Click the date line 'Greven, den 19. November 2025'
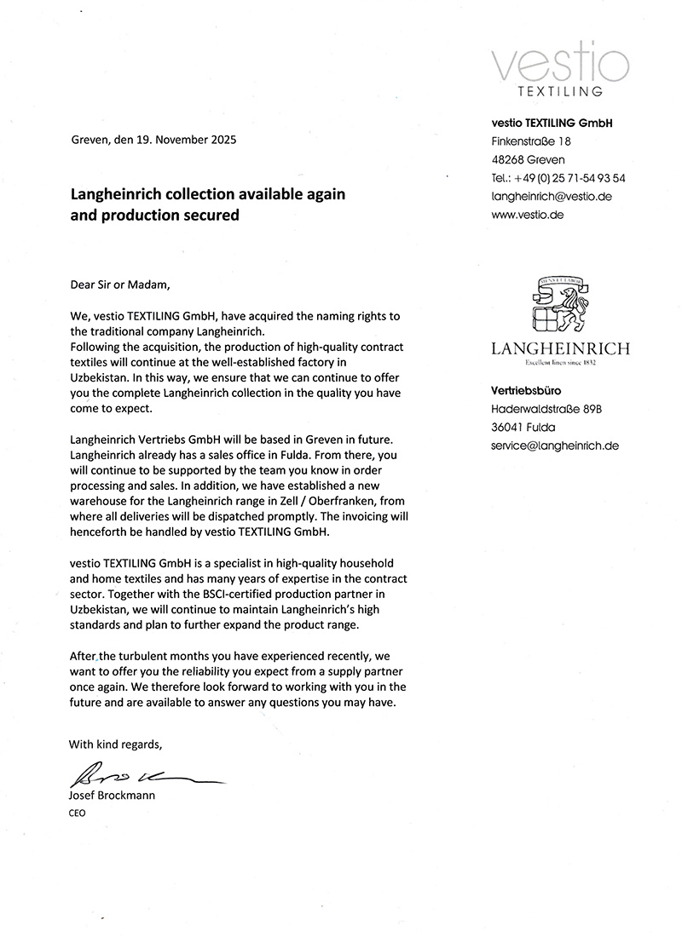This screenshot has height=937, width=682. [153, 139]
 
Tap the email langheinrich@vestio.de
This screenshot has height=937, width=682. [552, 197]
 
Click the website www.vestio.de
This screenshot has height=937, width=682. [528, 216]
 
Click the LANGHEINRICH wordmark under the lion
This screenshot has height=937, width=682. [560, 348]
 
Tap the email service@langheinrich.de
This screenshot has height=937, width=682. [555, 446]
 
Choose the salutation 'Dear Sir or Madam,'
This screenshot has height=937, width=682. [120, 285]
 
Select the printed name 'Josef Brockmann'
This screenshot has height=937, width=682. [113, 795]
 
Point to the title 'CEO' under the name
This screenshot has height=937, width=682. [78, 813]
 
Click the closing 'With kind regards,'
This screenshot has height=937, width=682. [115, 744]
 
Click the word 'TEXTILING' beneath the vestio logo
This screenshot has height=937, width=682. [560, 90]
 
